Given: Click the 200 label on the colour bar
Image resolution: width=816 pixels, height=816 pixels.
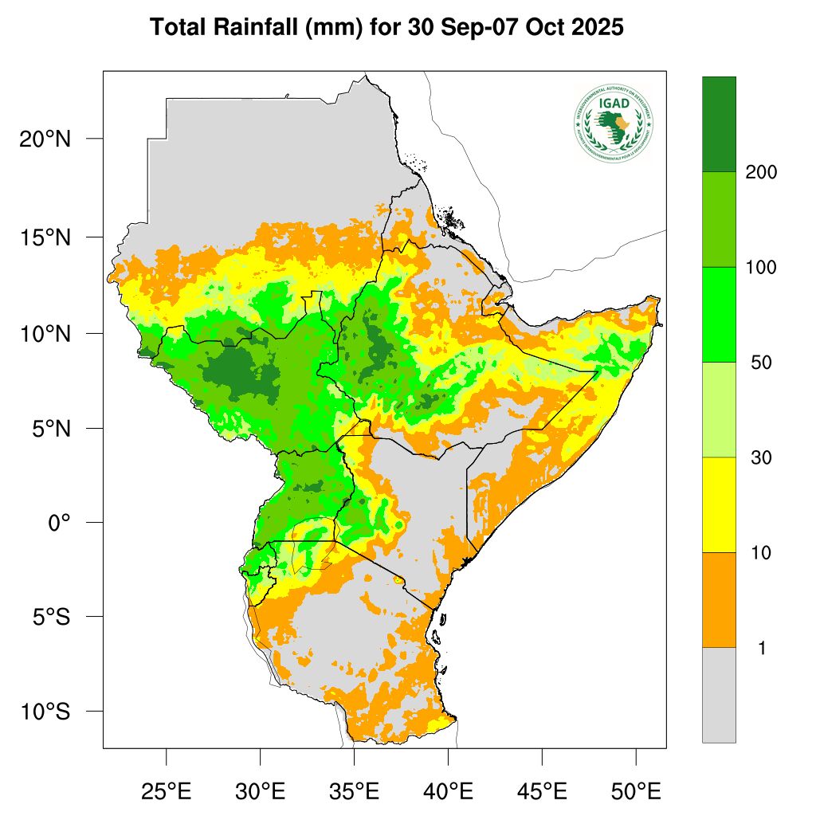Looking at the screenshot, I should [761, 172].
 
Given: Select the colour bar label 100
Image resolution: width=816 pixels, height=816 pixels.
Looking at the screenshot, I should [761, 267].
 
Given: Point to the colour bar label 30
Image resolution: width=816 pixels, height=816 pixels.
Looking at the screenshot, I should [761, 457].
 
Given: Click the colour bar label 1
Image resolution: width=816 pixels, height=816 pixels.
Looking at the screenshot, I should [761, 648].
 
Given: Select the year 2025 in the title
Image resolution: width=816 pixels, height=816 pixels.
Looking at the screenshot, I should [594, 28].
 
